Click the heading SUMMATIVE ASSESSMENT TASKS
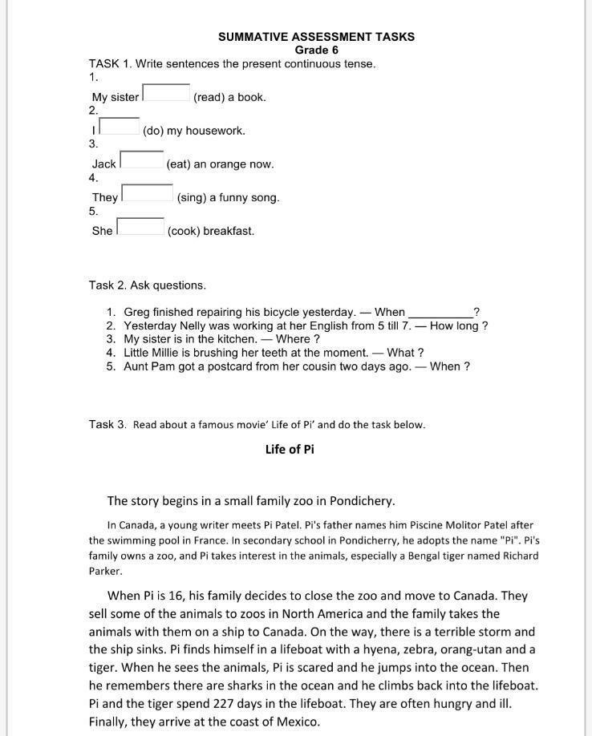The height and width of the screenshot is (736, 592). (316, 37)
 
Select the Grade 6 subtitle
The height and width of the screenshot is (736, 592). (316, 50)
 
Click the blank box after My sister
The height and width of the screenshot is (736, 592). (166, 93)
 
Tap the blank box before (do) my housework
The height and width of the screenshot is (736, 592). (120, 126)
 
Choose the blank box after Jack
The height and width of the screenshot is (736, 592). (142, 160)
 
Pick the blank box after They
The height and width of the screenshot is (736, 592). (147, 193)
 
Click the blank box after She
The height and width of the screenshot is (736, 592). (140, 227)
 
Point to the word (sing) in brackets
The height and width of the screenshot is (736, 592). (191, 197)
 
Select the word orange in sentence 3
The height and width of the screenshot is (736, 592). (227, 164)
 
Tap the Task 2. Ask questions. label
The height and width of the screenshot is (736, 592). (148, 285)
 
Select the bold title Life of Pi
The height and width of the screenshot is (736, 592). (290, 449)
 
